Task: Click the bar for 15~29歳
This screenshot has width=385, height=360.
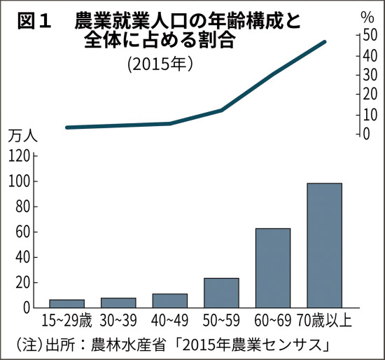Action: click(x=66, y=303)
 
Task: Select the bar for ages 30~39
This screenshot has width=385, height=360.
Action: click(x=118, y=303)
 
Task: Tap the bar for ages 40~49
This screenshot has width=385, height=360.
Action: click(x=170, y=300)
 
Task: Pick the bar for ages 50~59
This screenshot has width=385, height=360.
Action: click(x=221, y=293)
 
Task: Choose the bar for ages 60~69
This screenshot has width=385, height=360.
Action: click(x=273, y=268)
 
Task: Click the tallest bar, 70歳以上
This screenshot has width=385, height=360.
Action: click(x=325, y=245)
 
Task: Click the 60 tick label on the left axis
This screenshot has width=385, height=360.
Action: click(x=22, y=232)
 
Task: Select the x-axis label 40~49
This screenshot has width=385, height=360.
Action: click(x=170, y=321)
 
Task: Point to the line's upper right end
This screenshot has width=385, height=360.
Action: click(x=325, y=42)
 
